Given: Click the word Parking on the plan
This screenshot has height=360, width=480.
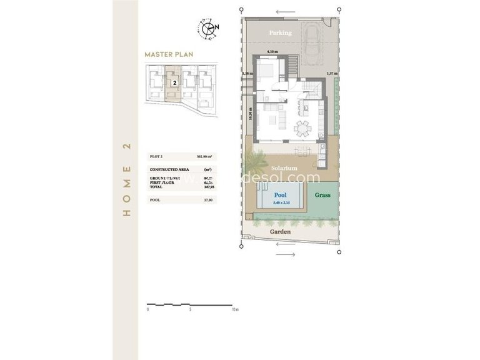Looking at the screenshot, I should (x=280, y=32).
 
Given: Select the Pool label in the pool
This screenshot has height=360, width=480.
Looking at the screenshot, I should (x=281, y=195).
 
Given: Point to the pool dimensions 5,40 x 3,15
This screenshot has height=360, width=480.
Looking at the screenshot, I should (x=281, y=202).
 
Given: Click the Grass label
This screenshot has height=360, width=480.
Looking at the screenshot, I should (x=322, y=195).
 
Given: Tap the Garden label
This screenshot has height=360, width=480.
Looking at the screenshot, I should (x=280, y=231).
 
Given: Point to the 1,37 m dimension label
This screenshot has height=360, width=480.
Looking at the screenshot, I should (x=331, y=74).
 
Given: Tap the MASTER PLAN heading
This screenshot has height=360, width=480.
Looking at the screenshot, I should (x=167, y=54).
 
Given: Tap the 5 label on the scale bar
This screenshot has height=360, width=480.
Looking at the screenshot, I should (x=191, y=309).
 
